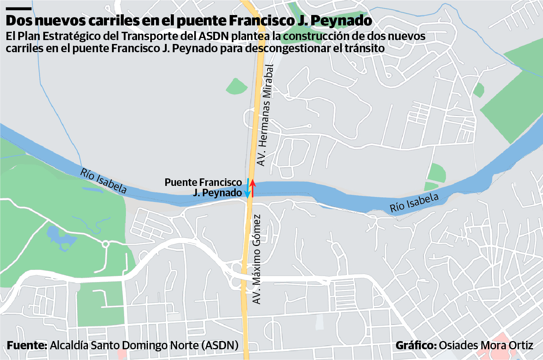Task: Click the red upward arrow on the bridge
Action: [253, 188]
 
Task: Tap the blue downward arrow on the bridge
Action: [247, 188]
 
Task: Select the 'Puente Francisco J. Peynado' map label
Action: [203, 188]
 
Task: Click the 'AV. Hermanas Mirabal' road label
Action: [265, 115]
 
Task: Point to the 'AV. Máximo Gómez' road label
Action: [256, 259]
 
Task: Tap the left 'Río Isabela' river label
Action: [103, 181]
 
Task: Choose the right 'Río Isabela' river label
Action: [414, 202]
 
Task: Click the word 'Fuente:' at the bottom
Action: [27, 345]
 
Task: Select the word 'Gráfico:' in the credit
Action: [416, 345]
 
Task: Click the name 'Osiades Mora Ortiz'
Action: [486, 345]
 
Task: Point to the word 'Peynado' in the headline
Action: [341, 21]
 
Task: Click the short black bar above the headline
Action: [19, 8]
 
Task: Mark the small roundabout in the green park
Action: [105, 245]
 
